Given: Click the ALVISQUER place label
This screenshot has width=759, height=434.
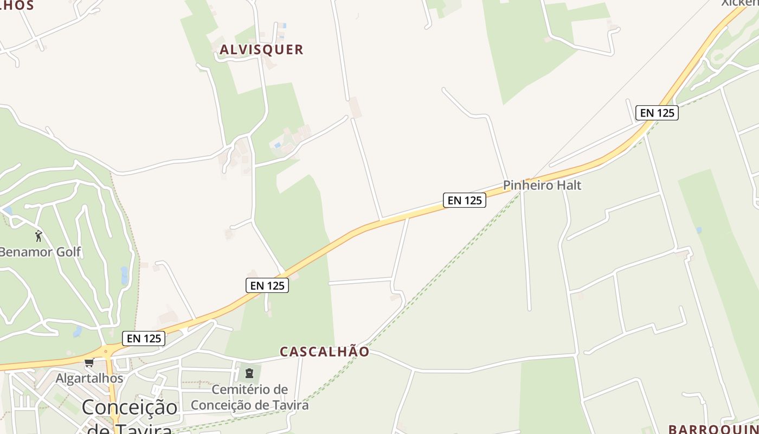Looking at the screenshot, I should pyautogui.click(x=261, y=49).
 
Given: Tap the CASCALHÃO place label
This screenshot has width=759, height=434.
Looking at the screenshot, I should pyautogui.click(x=324, y=352).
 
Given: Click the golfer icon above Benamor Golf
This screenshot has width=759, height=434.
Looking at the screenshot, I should pyautogui.click(x=38, y=236).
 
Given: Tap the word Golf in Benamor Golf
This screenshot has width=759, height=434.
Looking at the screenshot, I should pyautogui.click(x=68, y=252).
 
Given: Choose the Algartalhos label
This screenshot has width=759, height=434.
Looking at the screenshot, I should pyautogui.click(x=89, y=378).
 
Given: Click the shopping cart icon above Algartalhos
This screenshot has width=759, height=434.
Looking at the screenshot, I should pyautogui.click(x=89, y=362).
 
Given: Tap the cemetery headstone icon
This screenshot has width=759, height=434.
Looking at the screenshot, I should pyautogui.click(x=249, y=373).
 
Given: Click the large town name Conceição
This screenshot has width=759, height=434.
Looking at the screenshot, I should pyautogui.click(x=130, y=407).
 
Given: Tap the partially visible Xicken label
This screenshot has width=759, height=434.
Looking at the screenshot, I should pyautogui.click(x=739, y=3).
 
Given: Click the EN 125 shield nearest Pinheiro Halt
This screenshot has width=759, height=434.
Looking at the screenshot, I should pyautogui.click(x=464, y=200).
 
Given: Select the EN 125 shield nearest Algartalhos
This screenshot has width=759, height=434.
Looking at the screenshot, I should pyautogui.click(x=144, y=339).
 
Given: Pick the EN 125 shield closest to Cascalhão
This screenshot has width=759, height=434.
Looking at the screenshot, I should pyautogui.click(x=267, y=285).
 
